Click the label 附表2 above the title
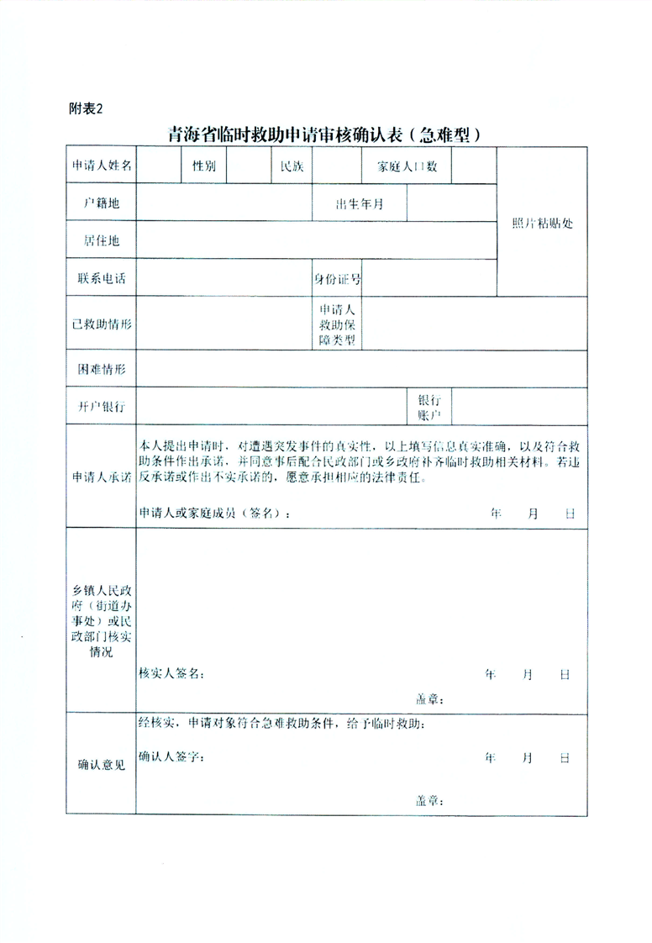pyautogui.click(x=85, y=108)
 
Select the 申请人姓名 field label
pyautogui.click(x=101, y=166)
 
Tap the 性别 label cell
pyautogui.click(x=204, y=166)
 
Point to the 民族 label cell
pyautogui.click(x=292, y=166)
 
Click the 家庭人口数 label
pyautogui.click(x=407, y=166)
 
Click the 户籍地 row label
pyautogui.click(x=101, y=203)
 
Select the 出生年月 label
pyautogui.click(x=360, y=203)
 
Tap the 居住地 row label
pyautogui.click(x=101, y=240)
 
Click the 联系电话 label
pyautogui.click(x=101, y=278)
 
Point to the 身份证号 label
pyautogui.click(x=337, y=278)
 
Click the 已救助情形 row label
pyautogui.click(x=101, y=324)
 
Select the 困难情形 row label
pyautogui.click(x=101, y=370)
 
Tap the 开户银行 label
pyautogui.click(x=101, y=407)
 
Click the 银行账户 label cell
pyautogui.click(x=429, y=408)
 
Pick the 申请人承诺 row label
pyautogui.click(x=101, y=476)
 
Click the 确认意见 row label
pyautogui.click(x=101, y=765)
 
